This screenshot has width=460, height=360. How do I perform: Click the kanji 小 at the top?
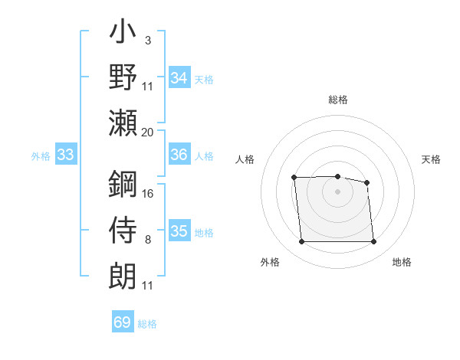click(123, 35)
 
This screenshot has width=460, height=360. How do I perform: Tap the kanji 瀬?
click(123, 123)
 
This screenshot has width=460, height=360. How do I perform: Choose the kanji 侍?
click(123, 229)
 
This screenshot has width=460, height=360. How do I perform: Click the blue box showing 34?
click(179, 78)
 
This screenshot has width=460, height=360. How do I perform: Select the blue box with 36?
click(179, 155)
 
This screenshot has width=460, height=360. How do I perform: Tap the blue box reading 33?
click(65, 155)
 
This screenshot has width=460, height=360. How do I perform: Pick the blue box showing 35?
click(179, 231)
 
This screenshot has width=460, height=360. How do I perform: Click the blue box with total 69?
click(123, 322)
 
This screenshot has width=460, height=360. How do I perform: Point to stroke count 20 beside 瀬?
click(148, 132)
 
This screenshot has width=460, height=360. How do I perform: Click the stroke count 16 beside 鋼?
click(148, 193)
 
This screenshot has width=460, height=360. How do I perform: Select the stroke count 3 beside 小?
click(147, 40)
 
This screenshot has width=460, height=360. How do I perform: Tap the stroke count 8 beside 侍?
click(147, 241)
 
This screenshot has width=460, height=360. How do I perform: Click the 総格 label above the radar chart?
click(337, 99)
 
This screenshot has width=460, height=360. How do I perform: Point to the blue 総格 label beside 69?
click(147, 324)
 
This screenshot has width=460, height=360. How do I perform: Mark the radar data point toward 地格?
click(373, 242)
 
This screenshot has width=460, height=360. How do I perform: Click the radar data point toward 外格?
click(301, 242)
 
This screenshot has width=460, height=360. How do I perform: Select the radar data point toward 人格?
click(294, 178)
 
